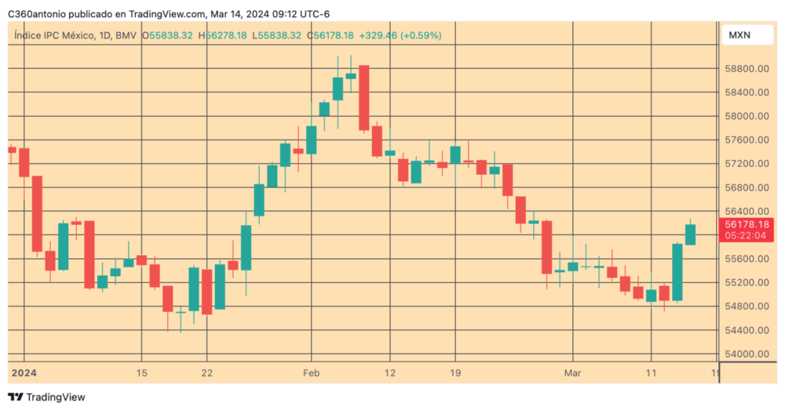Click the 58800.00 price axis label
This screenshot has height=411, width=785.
[746, 69]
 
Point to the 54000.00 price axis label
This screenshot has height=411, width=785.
[746, 354]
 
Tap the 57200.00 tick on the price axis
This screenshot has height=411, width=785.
[746, 164]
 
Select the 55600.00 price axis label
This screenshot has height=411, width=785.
[746, 259]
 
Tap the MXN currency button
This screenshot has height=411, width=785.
[739, 35]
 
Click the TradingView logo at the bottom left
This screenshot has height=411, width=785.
[46, 398]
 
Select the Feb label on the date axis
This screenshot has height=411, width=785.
[312, 373]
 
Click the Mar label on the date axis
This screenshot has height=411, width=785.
[575, 373]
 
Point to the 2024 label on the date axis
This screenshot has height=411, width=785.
[24, 373]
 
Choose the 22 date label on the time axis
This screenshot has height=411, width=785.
[206, 373]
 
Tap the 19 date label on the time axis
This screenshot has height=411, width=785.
[455, 373]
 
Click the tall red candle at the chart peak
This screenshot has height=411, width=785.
[364, 97]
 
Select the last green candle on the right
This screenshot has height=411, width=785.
[690, 234]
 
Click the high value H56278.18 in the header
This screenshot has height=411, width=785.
[223, 35]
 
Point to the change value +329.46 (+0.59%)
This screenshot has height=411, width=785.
[400, 35]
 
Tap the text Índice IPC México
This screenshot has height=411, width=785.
[53, 35]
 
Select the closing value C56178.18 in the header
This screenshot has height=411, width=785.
[330, 35]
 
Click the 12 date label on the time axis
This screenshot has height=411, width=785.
[391, 373]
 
